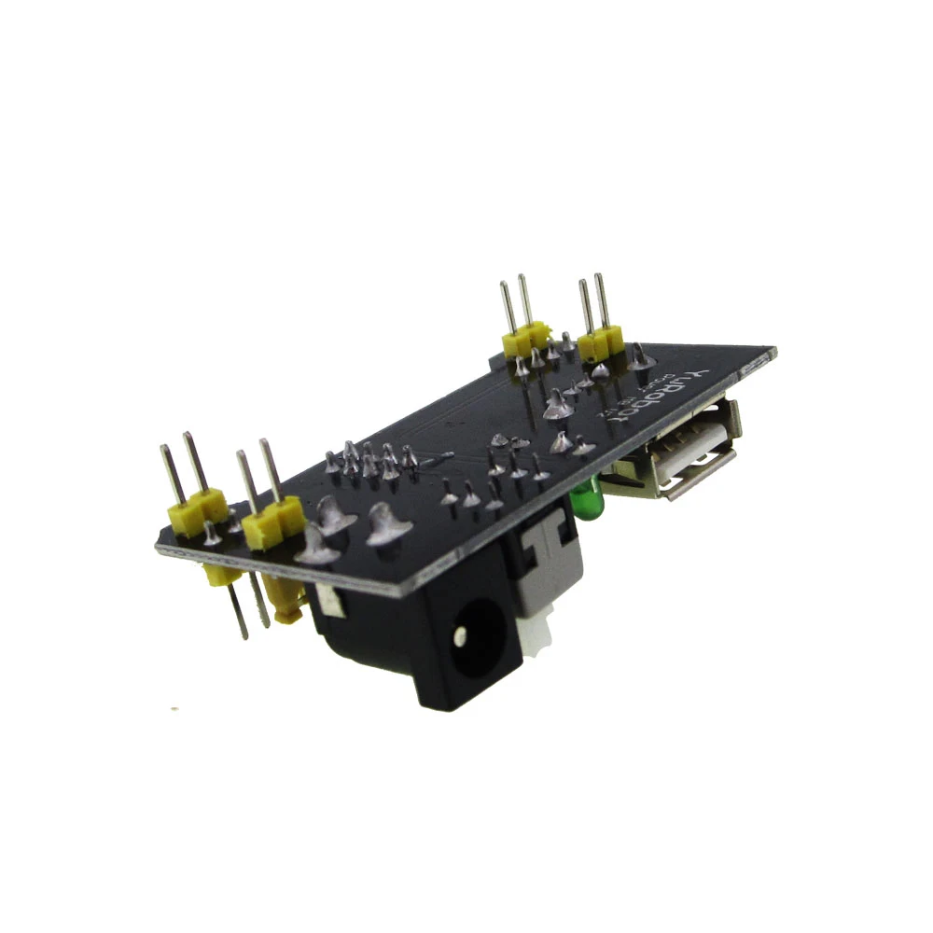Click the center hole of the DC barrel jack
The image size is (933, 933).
click(x=461, y=636)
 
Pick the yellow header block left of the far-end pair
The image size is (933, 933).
click(x=526, y=338)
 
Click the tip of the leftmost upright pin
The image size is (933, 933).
click(x=165, y=451)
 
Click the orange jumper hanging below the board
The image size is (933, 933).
click(x=284, y=598)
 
